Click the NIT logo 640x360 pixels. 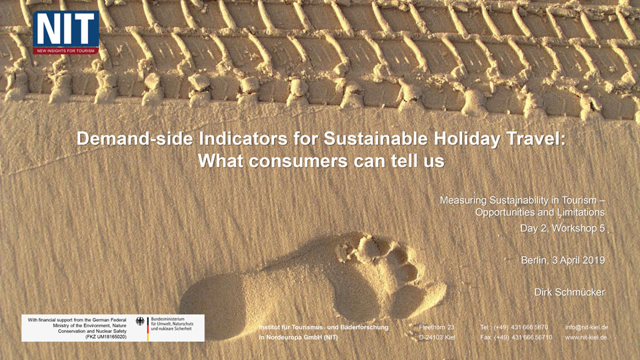click(66, 33)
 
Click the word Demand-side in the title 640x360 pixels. click(134, 139)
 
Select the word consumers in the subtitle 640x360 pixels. click(298, 161)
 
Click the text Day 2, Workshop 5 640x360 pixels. click(562, 228)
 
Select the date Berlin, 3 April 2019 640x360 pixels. click(563, 260)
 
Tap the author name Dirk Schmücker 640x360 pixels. click(569, 292)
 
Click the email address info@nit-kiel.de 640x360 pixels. click(587, 327)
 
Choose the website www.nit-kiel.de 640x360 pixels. click(586, 337)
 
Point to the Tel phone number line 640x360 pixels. click(514, 327)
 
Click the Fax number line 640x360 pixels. click(516, 337)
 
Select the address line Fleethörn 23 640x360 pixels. click(436, 327)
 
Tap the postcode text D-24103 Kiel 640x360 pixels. click(437, 337)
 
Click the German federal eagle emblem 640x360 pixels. click(141, 321)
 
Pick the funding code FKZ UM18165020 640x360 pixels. click(106, 337)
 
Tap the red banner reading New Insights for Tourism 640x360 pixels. click(66, 51)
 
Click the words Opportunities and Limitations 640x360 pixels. click(539, 212)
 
